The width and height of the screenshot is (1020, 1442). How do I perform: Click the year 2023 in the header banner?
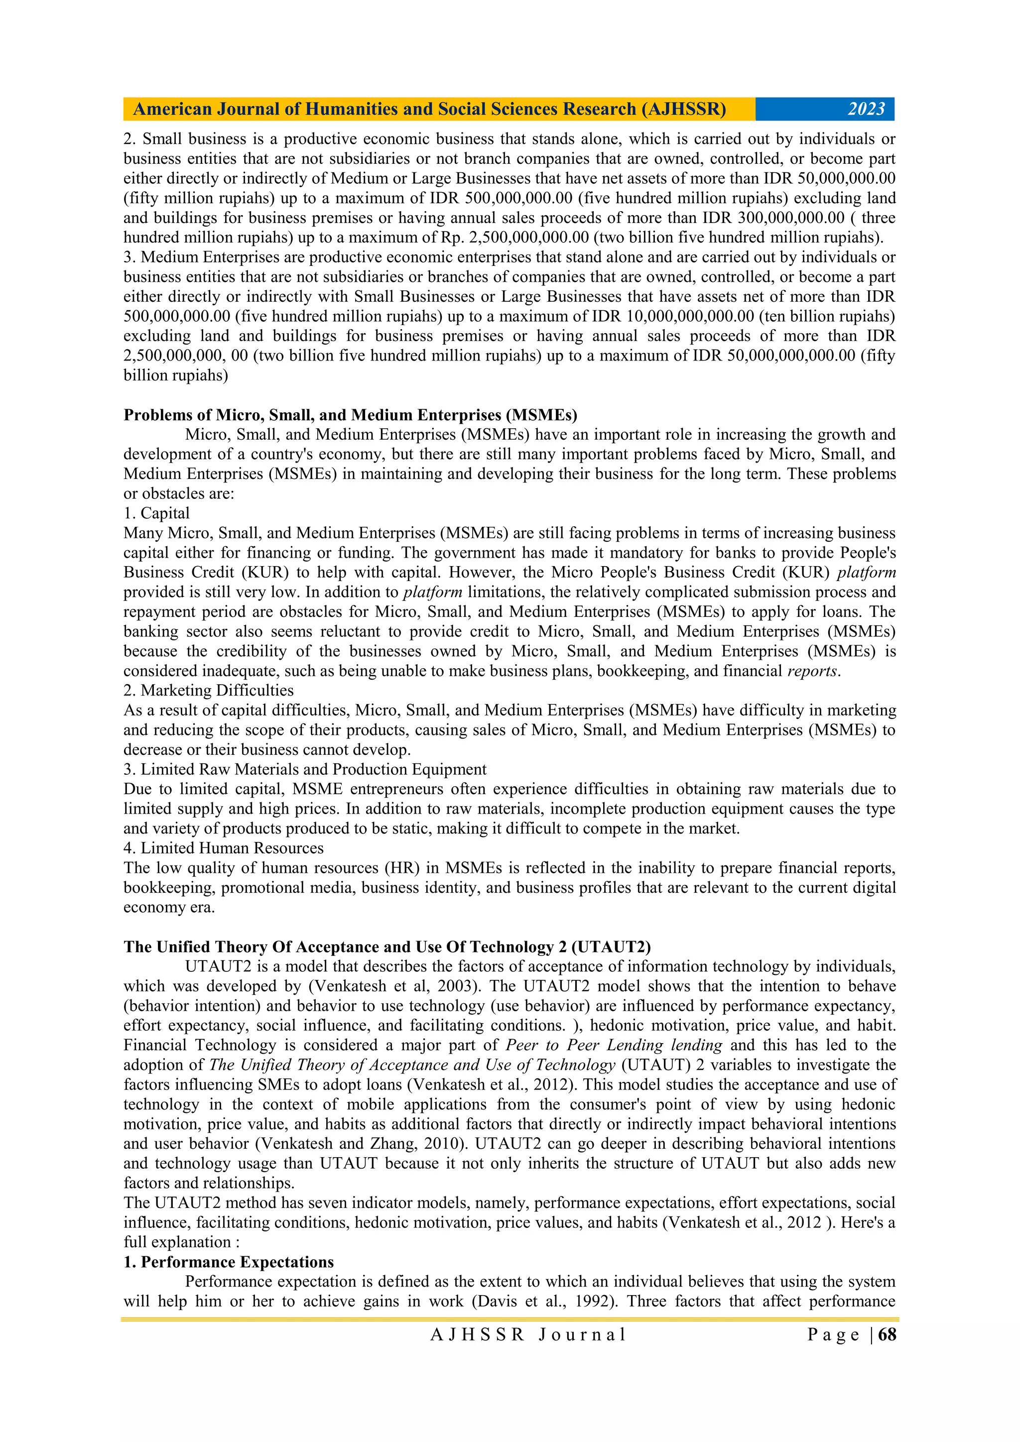click(x=866, y=109)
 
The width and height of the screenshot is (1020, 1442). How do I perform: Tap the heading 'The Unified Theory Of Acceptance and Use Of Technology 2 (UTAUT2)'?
click(x=387, y=947)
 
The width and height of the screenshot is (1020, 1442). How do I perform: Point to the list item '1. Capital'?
click(x=156, y=514)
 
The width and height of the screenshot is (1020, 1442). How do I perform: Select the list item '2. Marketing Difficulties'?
click(x=209, y=691)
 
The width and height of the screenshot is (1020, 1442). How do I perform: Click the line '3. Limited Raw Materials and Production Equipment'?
click(x=305, y=769)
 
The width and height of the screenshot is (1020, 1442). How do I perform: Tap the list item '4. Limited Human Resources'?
click(x=223, y=848)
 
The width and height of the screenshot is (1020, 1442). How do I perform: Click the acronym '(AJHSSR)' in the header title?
click(x=683, y=109)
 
